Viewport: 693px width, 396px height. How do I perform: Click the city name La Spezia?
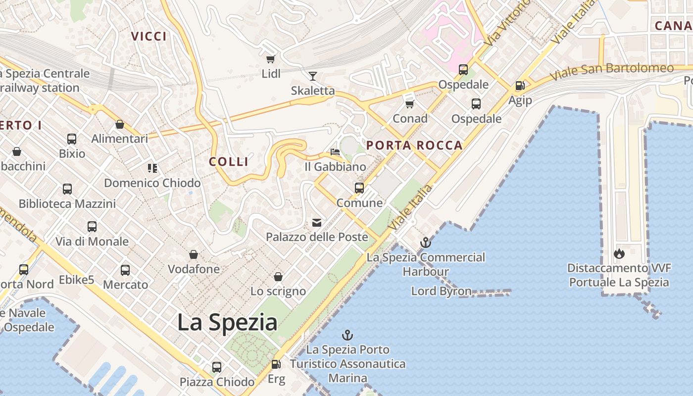227,322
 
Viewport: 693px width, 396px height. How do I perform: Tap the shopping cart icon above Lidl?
270,59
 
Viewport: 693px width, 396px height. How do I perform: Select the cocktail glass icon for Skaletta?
312,76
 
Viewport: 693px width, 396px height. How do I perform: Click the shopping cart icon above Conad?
409,104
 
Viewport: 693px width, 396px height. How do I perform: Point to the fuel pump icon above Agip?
520,86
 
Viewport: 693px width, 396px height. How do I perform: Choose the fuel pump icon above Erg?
276,364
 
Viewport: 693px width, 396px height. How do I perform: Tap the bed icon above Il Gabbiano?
335,152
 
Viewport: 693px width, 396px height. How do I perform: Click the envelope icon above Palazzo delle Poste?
317,223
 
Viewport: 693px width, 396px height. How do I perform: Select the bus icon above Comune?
359,188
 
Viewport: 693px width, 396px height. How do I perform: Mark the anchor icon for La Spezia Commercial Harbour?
425,243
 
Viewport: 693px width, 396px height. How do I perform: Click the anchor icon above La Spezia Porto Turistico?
347,335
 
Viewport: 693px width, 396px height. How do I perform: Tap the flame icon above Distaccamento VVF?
619,254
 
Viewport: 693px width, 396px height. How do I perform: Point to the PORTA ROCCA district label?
414,146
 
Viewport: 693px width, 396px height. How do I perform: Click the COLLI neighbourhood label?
229,162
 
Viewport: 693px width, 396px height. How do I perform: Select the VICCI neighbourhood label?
149,36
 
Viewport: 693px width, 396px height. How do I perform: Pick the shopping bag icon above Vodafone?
194,255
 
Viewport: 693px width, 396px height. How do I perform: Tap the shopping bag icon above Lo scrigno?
278,276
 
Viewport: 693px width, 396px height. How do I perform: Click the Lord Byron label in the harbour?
441,291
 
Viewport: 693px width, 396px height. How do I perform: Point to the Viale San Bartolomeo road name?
612,72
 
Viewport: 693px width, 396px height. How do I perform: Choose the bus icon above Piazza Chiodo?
217,367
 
